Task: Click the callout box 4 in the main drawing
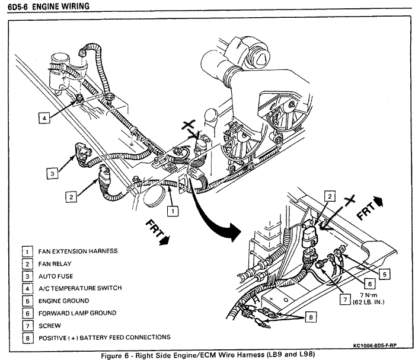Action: pyautogui.click(x=44, y=118)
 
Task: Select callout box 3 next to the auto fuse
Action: pyautogui.click(x=52, y=174)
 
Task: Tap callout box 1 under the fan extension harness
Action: pyautogui.click(x=173, y=211)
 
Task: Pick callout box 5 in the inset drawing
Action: pyautogui.click(x=385, y=274)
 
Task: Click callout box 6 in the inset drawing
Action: pyautogui.click(x=370, y=284)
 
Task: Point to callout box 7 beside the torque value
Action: pyautogui.click(x=345, y=300)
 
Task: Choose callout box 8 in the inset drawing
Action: pyautogui.click(x=311, y=317)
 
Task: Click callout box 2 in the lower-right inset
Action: pyautogui.click(x=330, y=196)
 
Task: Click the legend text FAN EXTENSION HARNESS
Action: pyautogui.click(x=78, y=251)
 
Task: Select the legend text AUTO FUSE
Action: pyautogui.click(x=56, y=276)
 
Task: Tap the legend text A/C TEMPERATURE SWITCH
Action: pyautogui.click(x=80, y=288)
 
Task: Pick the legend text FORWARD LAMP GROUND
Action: pyautogui.click(x=77, y=313)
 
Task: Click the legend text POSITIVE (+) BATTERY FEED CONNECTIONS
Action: pyautogui.click(x=104, y=338)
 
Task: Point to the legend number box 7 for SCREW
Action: pyautogui.click(x=27, y=326)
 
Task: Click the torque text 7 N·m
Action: pyautogui.click(x=368, y=295)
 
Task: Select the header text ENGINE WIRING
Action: pyautogui.click(x=61, y=6)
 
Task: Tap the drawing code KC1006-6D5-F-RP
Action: pyautogui.click(x=375, y=345)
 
